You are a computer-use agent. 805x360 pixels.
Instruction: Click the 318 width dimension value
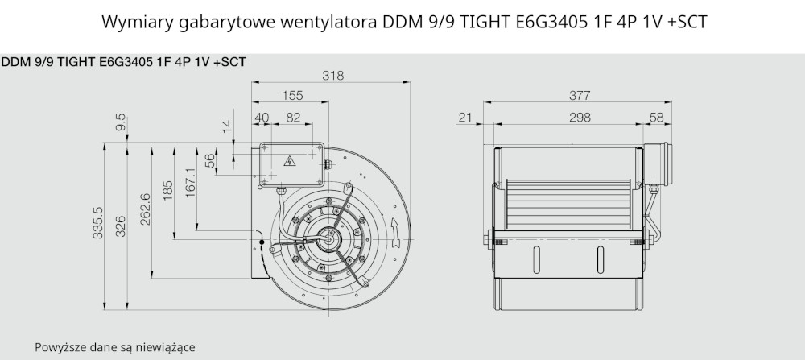(x=332, y=76)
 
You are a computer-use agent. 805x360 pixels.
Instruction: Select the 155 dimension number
(x=292, y=96)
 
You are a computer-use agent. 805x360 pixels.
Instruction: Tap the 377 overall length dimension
(x=580, y=96)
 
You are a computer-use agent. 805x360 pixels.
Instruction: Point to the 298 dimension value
(x=580, y=118)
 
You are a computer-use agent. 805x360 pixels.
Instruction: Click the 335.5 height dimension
(x=98, y=222)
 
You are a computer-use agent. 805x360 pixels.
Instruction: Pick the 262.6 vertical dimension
(x=144, y=209)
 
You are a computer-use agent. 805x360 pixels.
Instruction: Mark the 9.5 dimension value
(x=121, y=123)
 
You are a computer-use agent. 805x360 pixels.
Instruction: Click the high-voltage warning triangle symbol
(x=290, y=161)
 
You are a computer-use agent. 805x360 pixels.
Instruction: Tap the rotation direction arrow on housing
(x=395, y=232)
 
